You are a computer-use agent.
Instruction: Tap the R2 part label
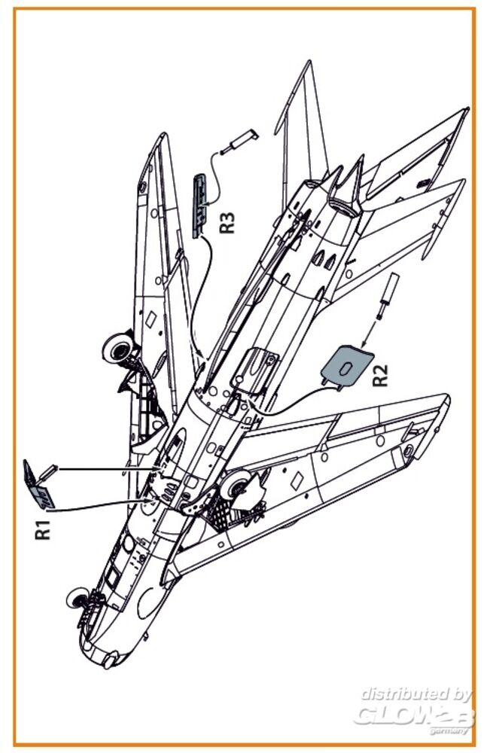[382, 373]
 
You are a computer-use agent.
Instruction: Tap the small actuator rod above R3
[242, 141]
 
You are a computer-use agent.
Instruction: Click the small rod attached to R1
[47, 474]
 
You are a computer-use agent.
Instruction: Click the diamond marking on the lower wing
[298, 477]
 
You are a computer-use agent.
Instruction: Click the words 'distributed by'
[415, 694]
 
